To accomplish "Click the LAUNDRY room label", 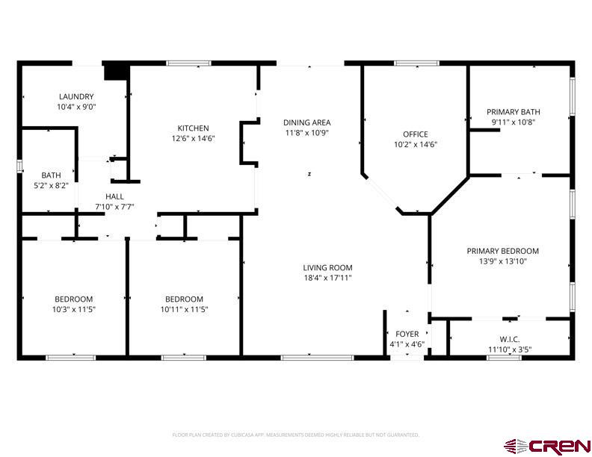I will point(76,96).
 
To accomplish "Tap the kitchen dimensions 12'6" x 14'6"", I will point(193,138).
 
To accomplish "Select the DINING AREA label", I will point(306,122).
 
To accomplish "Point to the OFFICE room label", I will point(415,134).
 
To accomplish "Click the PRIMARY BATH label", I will point(513,111).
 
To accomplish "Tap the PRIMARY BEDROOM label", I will point(502,251).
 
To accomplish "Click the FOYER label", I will point(407,334).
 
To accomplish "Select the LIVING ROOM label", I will point(327,267).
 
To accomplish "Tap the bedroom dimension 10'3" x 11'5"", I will point(73,309).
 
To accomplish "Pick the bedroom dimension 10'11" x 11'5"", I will point(184,309).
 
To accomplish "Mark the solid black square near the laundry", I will point(115,70).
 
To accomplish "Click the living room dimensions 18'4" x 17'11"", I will point(327,278).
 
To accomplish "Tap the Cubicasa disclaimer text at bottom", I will point(295,435).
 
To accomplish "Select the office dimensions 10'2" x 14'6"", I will point(415,145).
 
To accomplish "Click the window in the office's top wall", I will point(416,63).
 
